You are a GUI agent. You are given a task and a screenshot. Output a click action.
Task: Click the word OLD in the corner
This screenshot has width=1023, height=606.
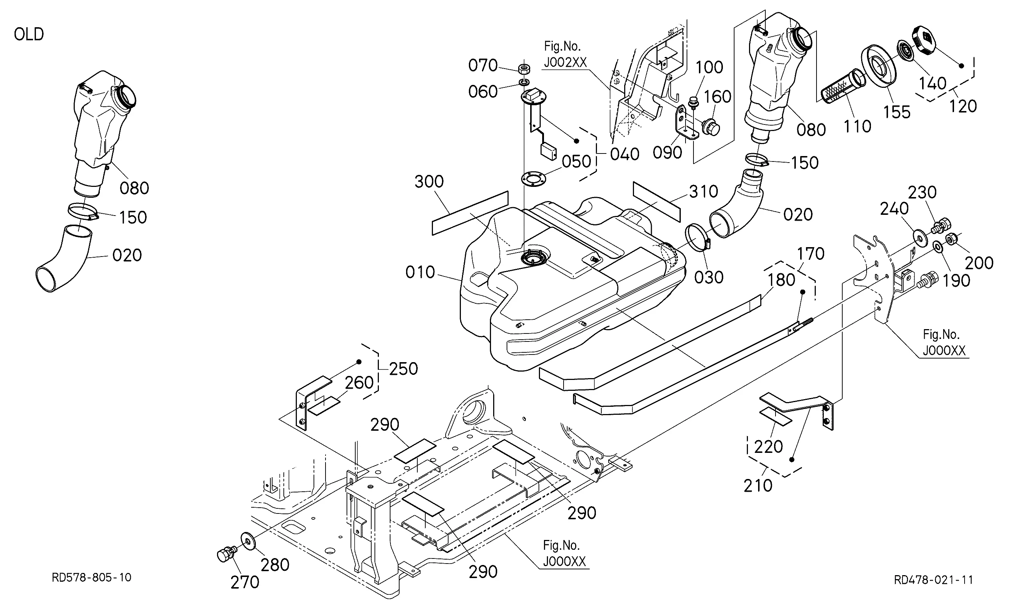29,34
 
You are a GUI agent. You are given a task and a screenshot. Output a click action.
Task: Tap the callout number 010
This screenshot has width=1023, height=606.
420,273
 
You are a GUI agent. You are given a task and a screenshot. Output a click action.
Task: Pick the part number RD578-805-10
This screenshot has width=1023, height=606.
91,577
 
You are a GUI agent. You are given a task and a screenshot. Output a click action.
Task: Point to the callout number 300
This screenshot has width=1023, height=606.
429,182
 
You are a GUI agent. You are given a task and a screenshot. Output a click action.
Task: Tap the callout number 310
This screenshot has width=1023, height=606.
703,192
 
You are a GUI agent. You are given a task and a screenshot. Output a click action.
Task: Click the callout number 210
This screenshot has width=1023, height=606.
758,486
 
